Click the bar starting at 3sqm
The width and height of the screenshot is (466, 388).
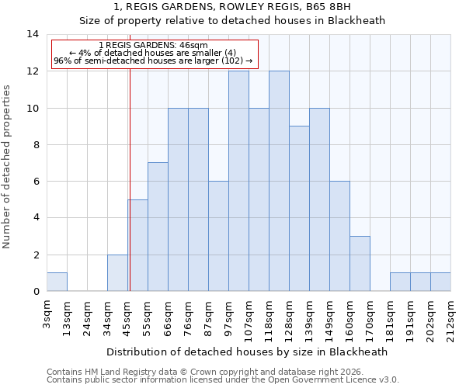coord(57,282)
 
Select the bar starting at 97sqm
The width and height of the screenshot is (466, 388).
coord(238,181)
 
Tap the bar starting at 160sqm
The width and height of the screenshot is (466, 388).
coord(360,264)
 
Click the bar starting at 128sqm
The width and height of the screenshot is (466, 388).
coord(299,209)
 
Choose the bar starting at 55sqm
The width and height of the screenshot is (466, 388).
coord(158,227)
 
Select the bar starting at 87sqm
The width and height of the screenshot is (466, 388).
coord(218,236)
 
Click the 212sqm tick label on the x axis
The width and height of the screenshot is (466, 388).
coord(451,320)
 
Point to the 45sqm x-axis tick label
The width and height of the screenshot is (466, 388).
coord(128,320)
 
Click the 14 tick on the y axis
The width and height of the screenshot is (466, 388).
coord(33,34)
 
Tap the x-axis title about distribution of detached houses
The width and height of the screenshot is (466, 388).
coord(246,352)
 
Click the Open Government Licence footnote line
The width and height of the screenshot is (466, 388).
coord(223,379)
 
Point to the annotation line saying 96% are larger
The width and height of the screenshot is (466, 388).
coord(153,61)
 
